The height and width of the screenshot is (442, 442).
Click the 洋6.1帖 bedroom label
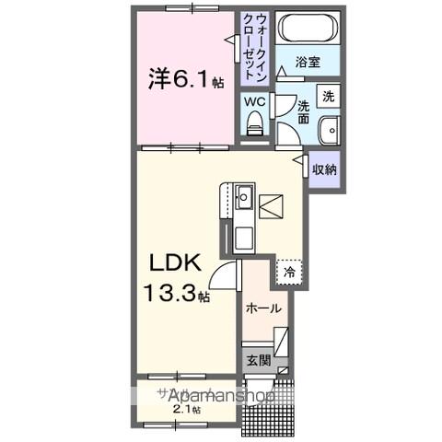pyautogui.click(x=184, y=79)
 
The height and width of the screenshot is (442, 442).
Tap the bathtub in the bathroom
pyautogui.click(x=307, y=29)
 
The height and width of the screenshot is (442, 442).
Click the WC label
pyautogui.click(x=255, y=100)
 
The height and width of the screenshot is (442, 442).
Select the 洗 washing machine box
pyautogui.click(x=328, y=96)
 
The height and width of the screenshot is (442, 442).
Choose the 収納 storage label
pyautogui.click(x=323, y=169)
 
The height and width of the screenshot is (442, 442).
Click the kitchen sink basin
pyautogui.click(x=244, y=197)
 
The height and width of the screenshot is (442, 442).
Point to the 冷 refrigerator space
pyautogui.click(x=289, y=273)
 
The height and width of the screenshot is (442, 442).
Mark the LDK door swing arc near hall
pyautogui.click(x=221, y=274)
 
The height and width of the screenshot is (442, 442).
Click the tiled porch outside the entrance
pyautogui.click(x=270, y=405)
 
